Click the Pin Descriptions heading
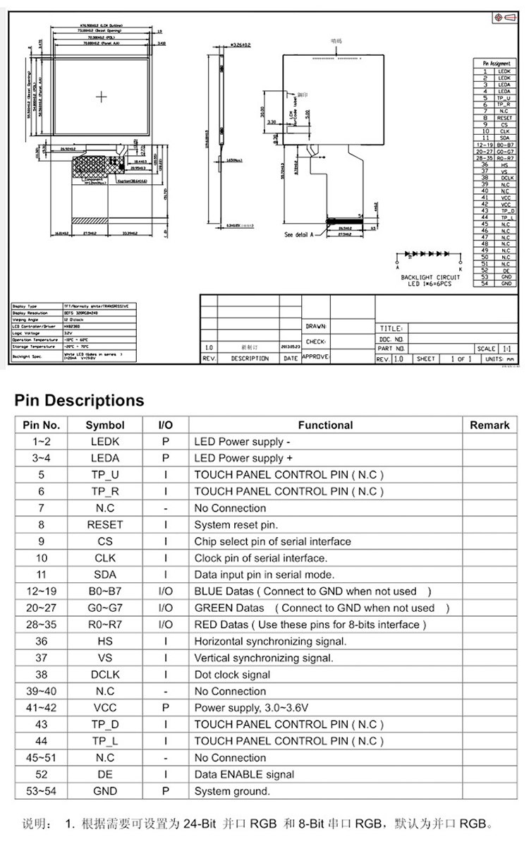tap(79, 400)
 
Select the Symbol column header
tap(105, 425)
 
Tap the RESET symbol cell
tap(105, 524)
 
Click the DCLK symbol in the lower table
tap(105, 674)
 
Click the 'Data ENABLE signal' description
tap(244, 774)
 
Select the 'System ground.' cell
tap(232, 791)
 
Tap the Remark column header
tap(489, 425)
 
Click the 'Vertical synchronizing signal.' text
tap(264, 658)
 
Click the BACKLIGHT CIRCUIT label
tap(430, 277)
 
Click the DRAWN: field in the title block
tap(316, 327)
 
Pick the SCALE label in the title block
tap(487, 349)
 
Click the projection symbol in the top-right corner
tap(504, 16)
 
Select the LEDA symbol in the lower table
tap(105, 458)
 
